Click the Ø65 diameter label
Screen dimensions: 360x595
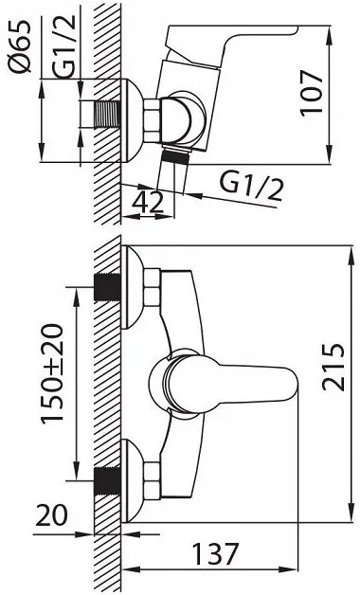pyautogui.click(x=19, y=46)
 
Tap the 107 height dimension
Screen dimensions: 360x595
pyautogui.click(x=312, y=92)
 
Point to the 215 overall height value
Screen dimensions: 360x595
pyautogui.click(x=333, y=367)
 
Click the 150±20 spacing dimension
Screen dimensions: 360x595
pyautogui.click(x=52, y=374)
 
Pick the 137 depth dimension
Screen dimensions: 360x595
pyautogui.click(x=215, y=553)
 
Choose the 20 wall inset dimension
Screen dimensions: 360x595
pyautogui.click(x=51, y=514)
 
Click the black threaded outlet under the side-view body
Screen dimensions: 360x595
pyautogui.click(x=175, y=157)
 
